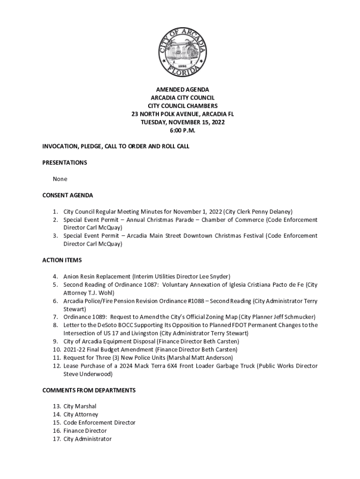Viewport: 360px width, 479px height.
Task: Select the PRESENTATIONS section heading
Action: click(65, 163)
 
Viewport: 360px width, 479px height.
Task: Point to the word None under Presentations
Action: click(60, 179)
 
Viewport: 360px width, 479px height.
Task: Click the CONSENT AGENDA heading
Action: click(68, 195)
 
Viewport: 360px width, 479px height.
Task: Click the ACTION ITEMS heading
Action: click(62, 260)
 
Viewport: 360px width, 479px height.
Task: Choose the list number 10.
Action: click(56, 349)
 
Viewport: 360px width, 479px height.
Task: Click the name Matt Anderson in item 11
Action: click(216, 357)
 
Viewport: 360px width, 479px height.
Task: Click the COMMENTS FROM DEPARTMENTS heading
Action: click(89, 390)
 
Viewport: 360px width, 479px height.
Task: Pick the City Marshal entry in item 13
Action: click(79, 406)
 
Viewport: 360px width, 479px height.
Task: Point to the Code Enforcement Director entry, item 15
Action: click(99, 422)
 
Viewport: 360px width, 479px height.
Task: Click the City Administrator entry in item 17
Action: click(87, 439)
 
